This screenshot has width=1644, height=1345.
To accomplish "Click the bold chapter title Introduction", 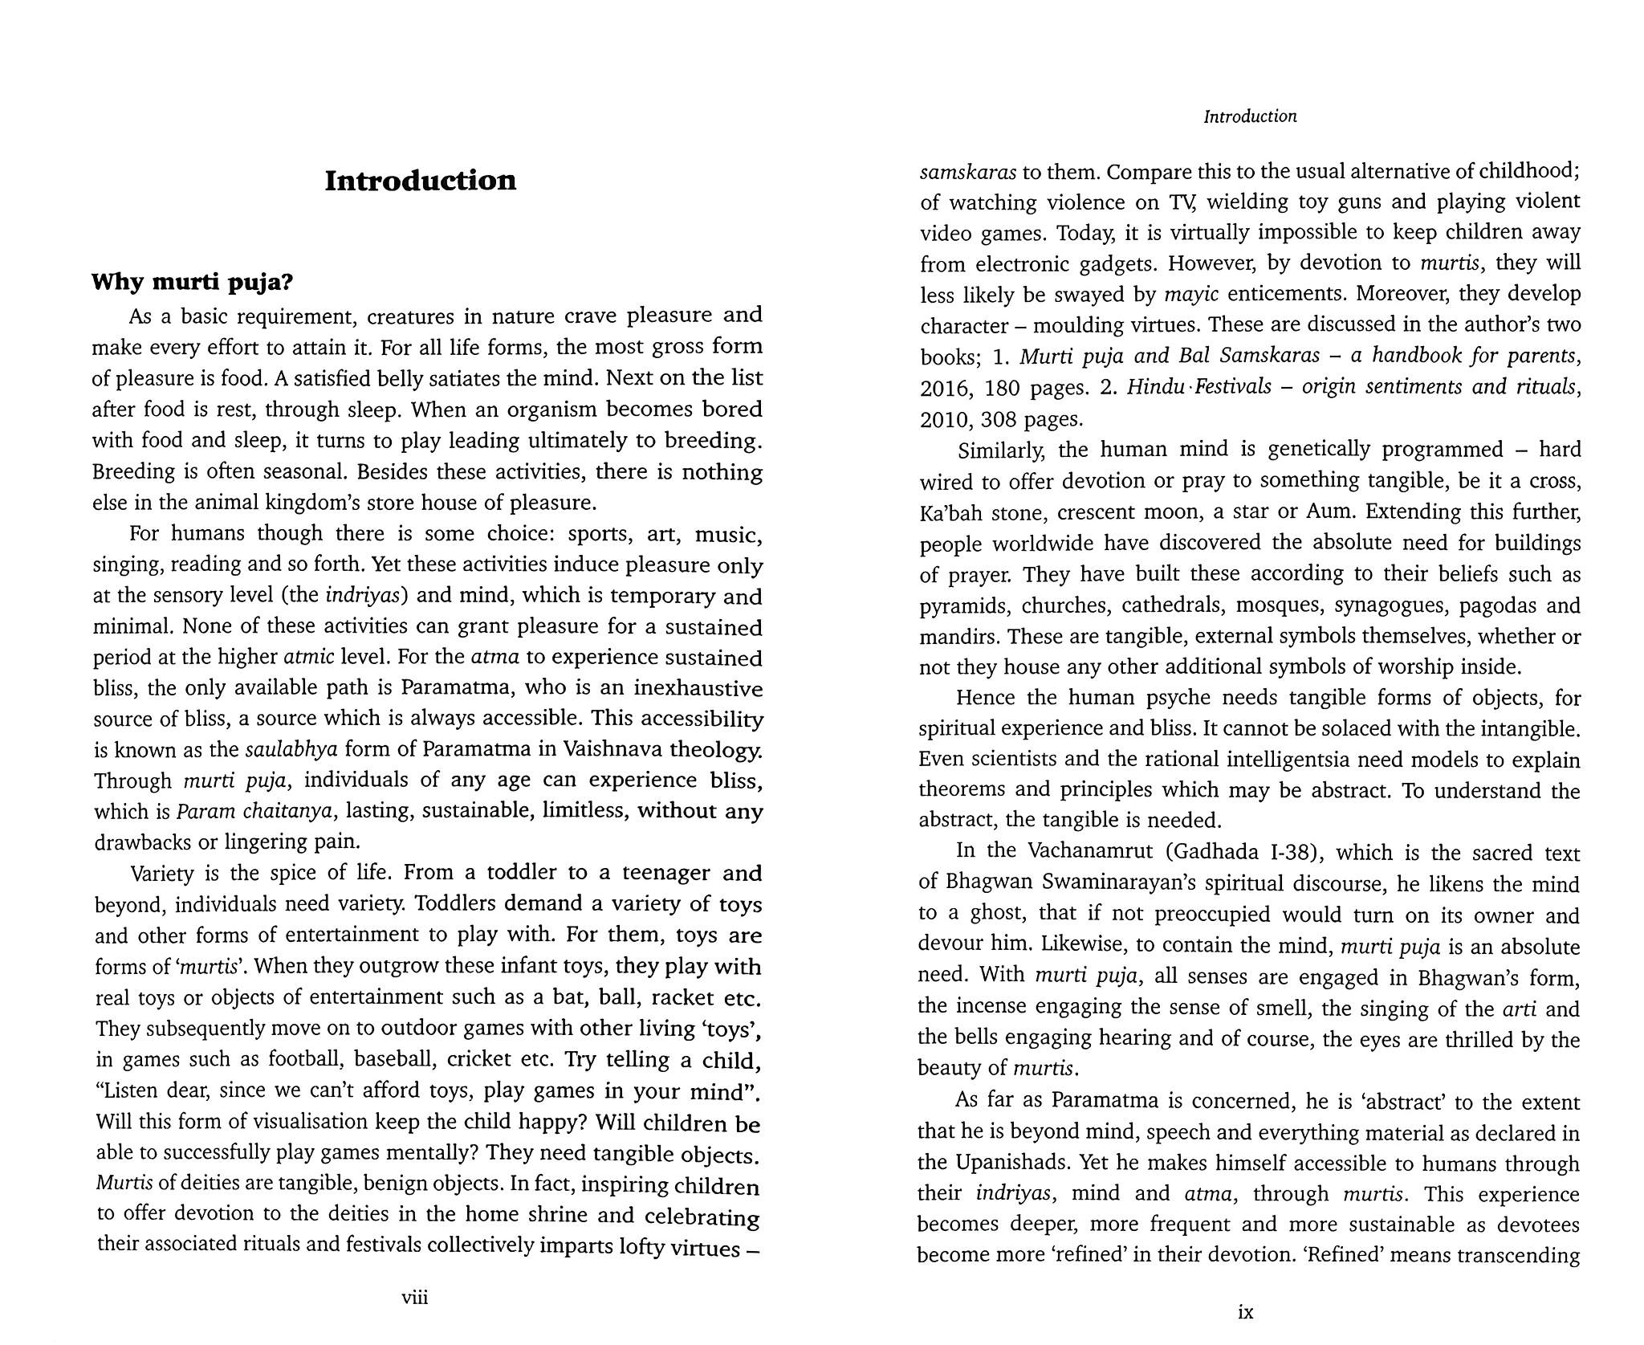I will [x=420, y=181].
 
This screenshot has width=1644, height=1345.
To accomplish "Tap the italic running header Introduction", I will [x=1250, y=116].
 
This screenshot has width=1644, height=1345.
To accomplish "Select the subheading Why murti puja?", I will [x=193, y=282].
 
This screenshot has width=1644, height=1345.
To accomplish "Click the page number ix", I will [x=1246, y=1312].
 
